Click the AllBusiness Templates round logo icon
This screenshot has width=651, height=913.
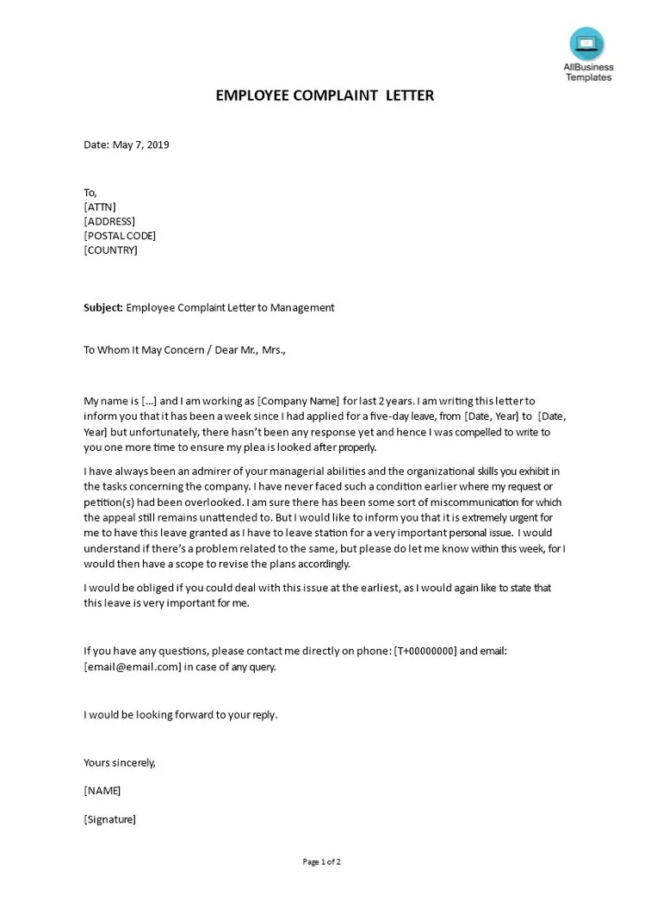click(587, 43)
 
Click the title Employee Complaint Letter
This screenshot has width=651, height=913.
click(325, 96)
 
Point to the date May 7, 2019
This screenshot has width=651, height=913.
click(126, 145)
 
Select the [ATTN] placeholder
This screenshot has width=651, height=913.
click(100, 207)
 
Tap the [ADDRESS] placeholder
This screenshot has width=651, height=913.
click(109, 221)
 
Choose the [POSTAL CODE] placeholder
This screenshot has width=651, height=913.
click(120, 236)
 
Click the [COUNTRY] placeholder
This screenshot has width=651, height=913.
click(110, 250)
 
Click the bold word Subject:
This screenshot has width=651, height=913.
click(103, 307)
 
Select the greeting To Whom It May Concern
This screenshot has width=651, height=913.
click(144, 350)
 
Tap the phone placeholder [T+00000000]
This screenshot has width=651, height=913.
click(425, 651)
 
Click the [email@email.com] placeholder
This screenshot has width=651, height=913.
click(133, 667)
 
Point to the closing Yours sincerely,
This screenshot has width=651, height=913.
click(120, 762)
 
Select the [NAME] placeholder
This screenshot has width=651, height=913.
click(102, 790)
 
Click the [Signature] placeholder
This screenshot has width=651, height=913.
click(109, 819)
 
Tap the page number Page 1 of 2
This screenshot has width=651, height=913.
click(322, 861)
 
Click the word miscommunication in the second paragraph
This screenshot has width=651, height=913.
click(468, 502)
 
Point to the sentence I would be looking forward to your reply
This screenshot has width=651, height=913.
click(180, 714)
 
